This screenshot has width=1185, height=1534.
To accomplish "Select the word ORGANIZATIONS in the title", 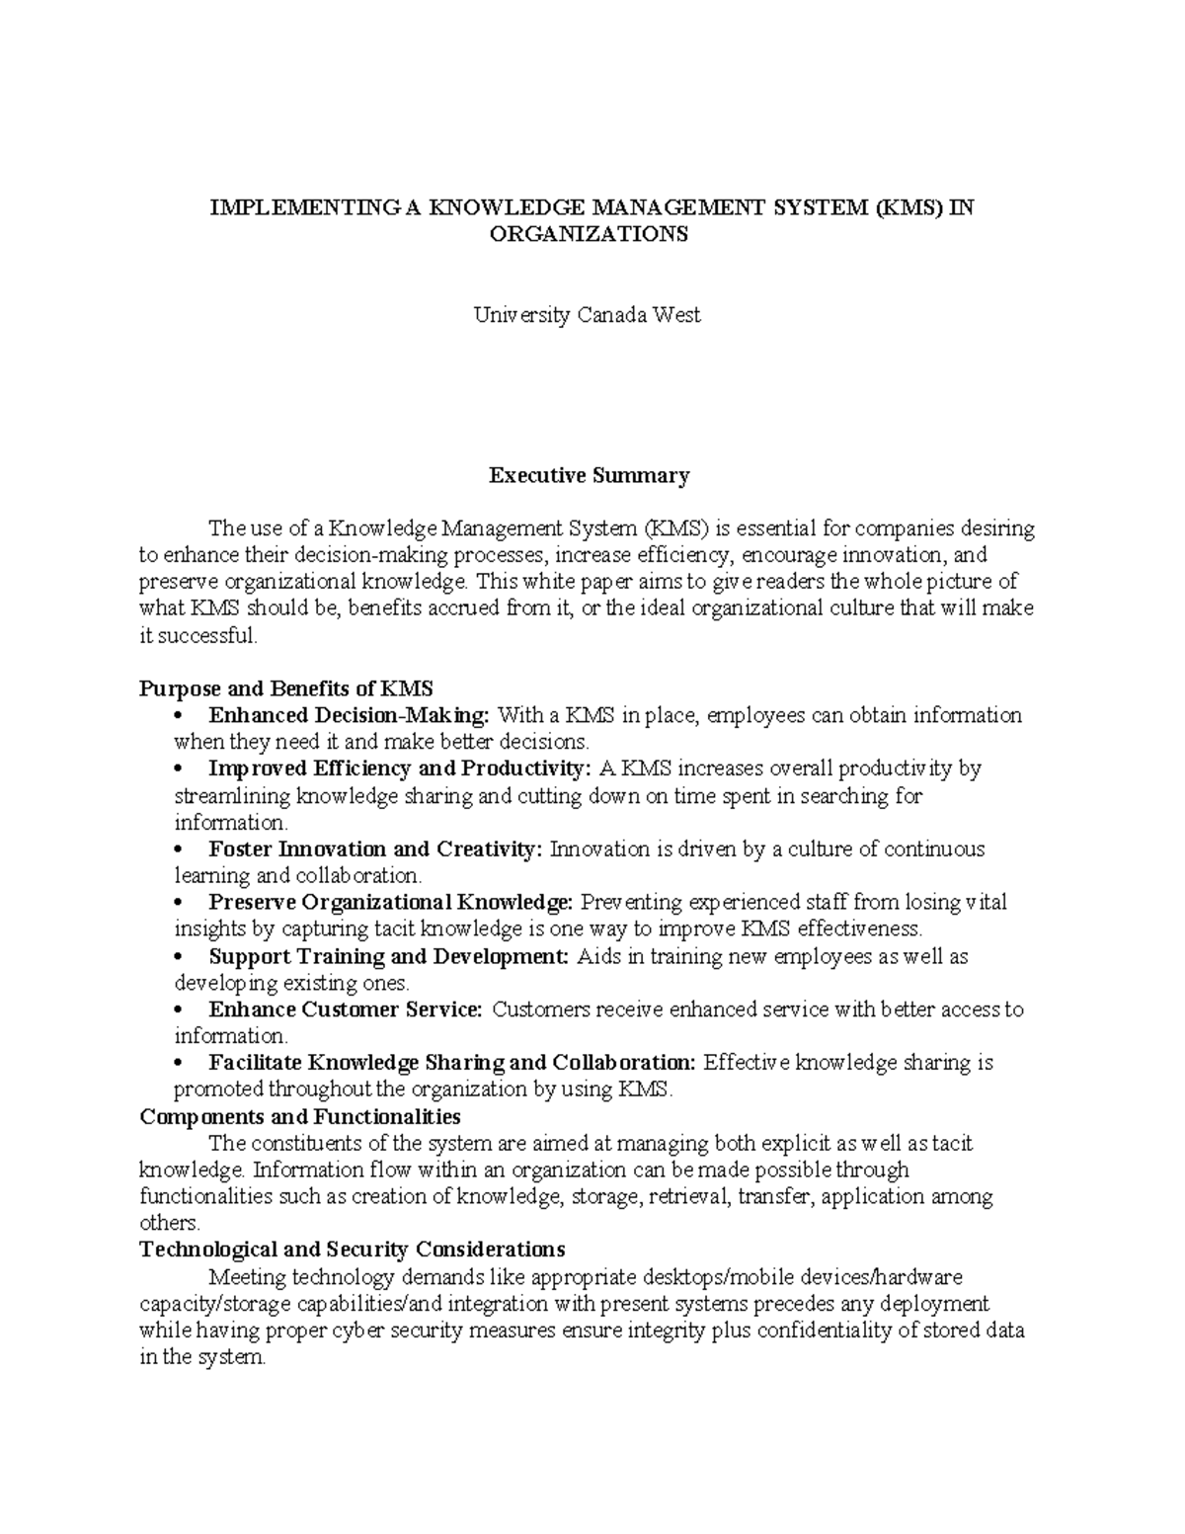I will pyautogui.click(x=591, y=235).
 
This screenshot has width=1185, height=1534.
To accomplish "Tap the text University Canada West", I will pyautogui.click(x=588, y=316).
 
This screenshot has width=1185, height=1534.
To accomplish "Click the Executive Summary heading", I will pyautogui.click(x=590, y=476).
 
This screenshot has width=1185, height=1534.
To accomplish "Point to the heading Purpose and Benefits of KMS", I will pyautogui.click(x=286, y=688).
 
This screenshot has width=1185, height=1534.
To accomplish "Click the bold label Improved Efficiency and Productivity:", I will pyautogui.click(x=400, y=768).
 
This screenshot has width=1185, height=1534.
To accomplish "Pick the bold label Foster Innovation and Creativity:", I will pyautogui.click(x=375, y=849).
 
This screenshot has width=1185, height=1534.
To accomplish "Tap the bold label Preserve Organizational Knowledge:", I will pyautogui.click(x=390, y=903).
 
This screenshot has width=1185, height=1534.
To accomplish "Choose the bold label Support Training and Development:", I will pyautogui.click(x=389, y=956).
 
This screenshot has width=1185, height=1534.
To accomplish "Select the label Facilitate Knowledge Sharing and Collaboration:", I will pyautogui.click(x=452, y=1063).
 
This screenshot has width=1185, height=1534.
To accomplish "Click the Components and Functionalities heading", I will pyautogui.click(x=300, y=1117).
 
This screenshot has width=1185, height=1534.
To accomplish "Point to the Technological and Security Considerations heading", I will pyautogui.click(x=353, y=1250).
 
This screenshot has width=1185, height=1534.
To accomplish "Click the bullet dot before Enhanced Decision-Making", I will pyautogui.click(x=179, y=716).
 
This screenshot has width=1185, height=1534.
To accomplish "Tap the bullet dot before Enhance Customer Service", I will pyautogui.click(x=179, y=1010).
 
